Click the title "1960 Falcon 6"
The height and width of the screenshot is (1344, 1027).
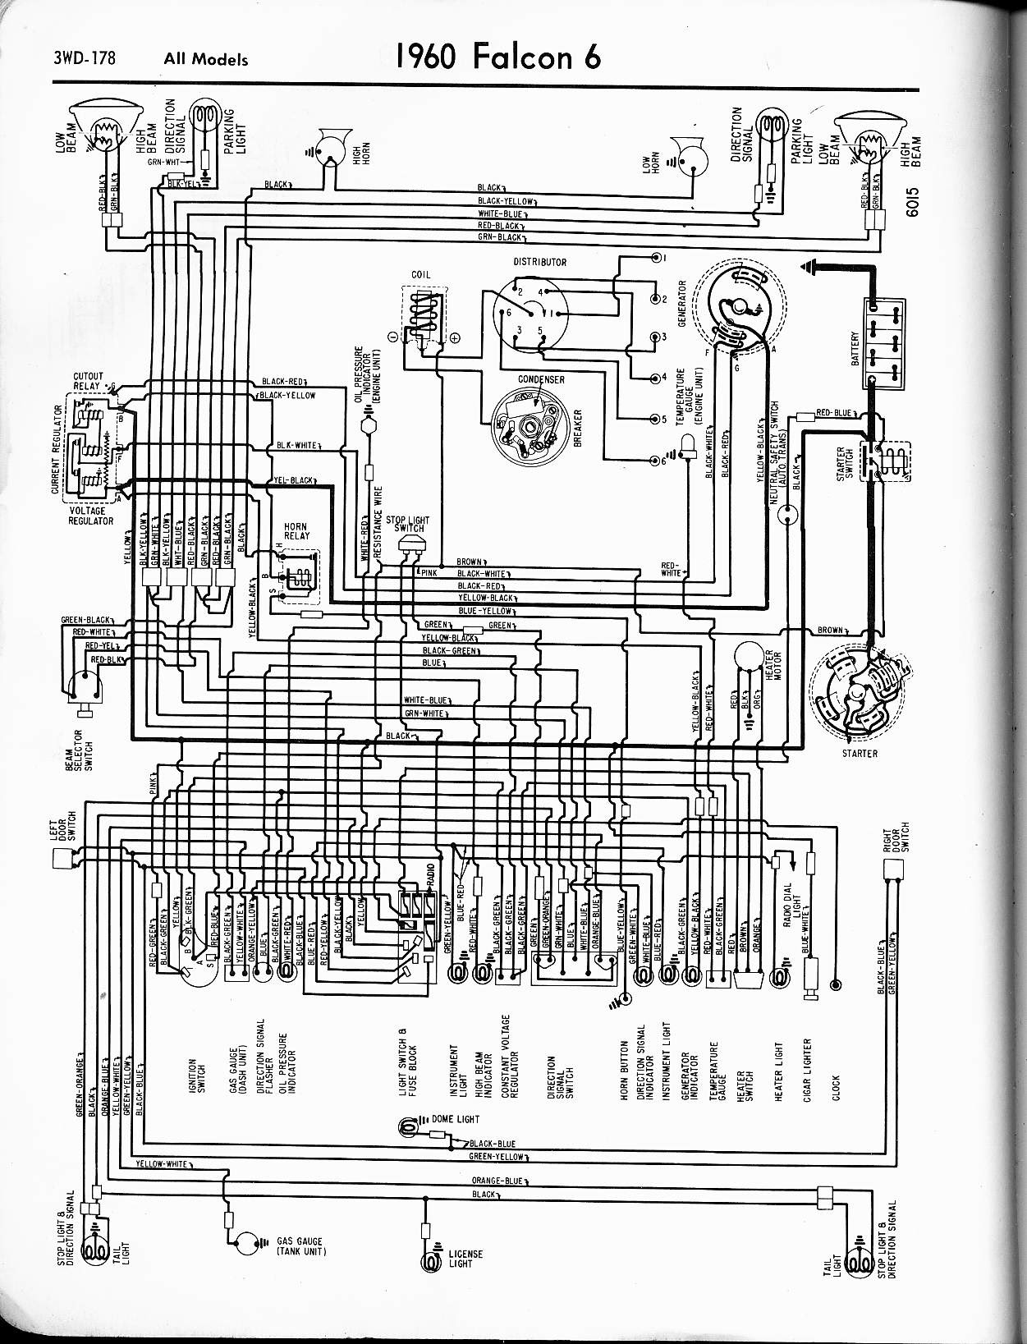498,57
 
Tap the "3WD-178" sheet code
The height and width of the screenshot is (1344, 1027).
85,58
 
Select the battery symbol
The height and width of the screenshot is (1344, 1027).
884,343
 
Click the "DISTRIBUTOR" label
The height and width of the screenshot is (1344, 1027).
539,263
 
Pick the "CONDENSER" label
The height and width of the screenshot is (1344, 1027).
540,380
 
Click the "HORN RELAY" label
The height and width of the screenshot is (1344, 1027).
296,531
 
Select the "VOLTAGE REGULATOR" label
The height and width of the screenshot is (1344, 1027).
90,516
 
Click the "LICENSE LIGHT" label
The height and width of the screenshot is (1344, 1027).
465,1259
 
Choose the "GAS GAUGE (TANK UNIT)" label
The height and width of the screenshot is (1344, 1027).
300,1246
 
